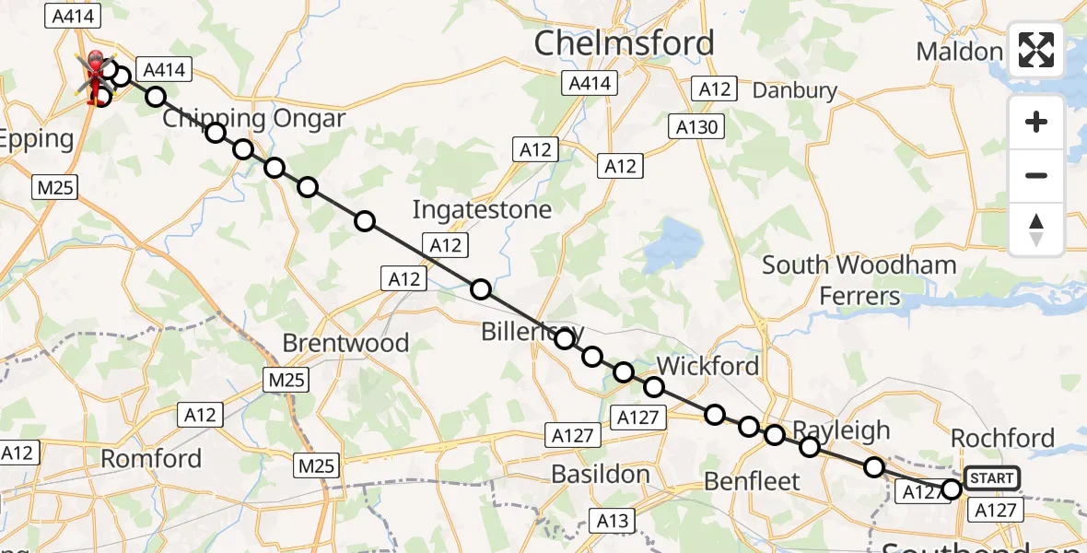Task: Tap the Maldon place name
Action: (x=959, y=52)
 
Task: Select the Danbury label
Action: (x=795, y=90)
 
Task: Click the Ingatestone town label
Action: (x=482, y=209)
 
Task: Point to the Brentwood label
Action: (x=345, y=343)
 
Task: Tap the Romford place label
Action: (x=151, y=458)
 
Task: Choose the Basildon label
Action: (x=601, y=475)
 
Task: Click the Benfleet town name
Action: (x=752, y=480)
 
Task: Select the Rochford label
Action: (x=1002, y=438)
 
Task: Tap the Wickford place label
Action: (x=707, y=366)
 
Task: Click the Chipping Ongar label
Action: (x=254, y=119)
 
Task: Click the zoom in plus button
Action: (x=1036, y=122)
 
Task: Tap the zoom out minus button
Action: (x=1036, y=175)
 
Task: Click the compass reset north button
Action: (x=1036, y=229)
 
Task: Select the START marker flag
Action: (x=992, y=477)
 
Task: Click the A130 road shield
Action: (x=696, y=127)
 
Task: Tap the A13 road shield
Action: (x=613, y=521)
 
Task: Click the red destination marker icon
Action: (x=94, y=65)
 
